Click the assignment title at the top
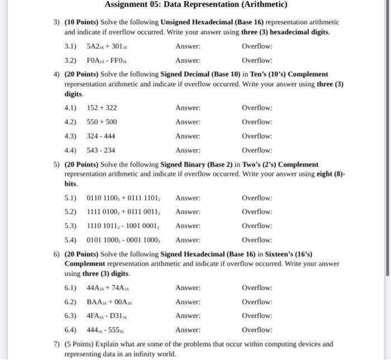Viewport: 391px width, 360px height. click(x=196, y=6)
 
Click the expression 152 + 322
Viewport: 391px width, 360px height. click(x=102, y=108)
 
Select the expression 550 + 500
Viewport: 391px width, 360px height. click(x=102, y=122)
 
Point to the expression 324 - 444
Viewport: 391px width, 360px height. click(x=102, y=136)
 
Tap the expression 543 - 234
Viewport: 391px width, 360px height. click(x=102, y=150)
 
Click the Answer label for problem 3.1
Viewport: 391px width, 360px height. click(x=187, y=46)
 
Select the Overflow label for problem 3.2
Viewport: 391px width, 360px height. click(x=257, y=60)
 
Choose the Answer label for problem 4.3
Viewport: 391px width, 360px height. click(x=187, y=136)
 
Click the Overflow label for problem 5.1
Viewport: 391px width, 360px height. click(x=257, y=198)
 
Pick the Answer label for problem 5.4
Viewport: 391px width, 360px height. click(x=187, y=240)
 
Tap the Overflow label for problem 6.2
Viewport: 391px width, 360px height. click(x=257, y=302)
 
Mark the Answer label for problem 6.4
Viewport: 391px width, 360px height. click(x=187, y=330)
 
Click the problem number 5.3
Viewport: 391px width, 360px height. click(x=71, y=226)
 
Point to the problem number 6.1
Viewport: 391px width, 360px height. click(x=71, y=288)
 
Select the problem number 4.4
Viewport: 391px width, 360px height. click(x=71, y=150)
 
